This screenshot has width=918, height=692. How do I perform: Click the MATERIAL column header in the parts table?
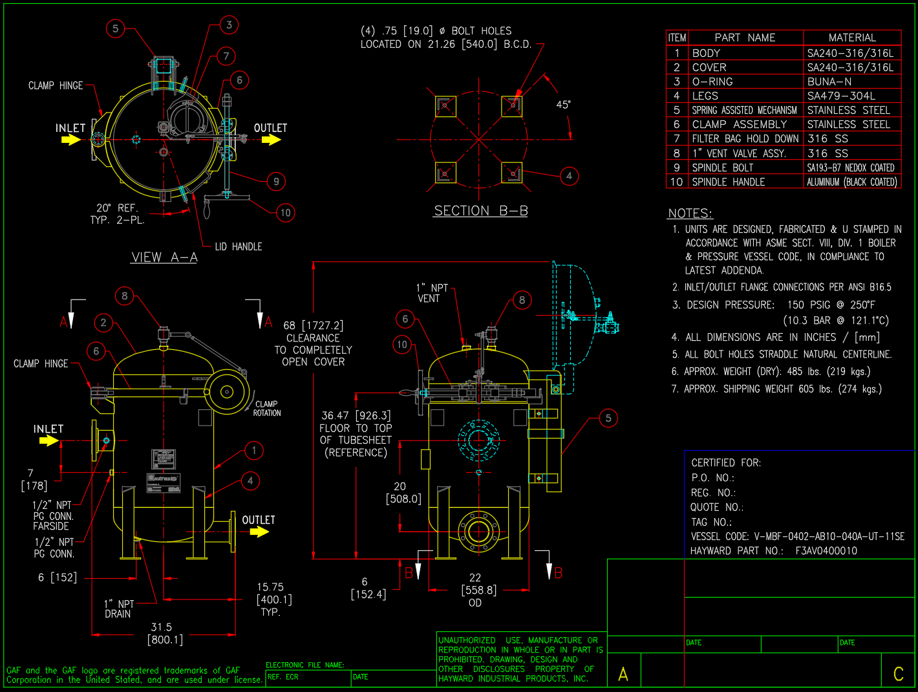pos(852,38)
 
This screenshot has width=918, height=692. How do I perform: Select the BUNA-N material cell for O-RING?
pos(829,81)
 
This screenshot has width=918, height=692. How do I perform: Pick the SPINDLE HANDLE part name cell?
pos(729,182)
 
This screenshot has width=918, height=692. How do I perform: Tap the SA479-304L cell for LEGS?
pos(841,96)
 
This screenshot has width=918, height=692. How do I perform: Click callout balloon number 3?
pos(229,25)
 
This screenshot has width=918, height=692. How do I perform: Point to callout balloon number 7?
pos(226,56)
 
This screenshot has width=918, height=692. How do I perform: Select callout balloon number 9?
pos(276,181)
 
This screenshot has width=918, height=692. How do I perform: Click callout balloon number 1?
pos(254,450)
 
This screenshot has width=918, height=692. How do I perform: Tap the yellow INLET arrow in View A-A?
pos(70,140)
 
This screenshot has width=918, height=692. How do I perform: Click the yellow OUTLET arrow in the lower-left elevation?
pos(259,532)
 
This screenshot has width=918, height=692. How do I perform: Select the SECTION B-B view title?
pos(480,211)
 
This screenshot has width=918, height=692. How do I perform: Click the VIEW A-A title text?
pos(164,257)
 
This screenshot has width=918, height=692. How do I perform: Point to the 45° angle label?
pos(563,104)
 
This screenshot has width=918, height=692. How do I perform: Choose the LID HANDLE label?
pos(238,246)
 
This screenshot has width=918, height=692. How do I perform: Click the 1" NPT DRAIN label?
pos(118,609)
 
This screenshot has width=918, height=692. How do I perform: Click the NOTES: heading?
pos(690,213)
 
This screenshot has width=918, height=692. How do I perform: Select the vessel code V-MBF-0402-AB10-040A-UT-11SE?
pos(829,536)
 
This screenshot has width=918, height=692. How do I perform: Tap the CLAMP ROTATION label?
pos(266,408)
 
